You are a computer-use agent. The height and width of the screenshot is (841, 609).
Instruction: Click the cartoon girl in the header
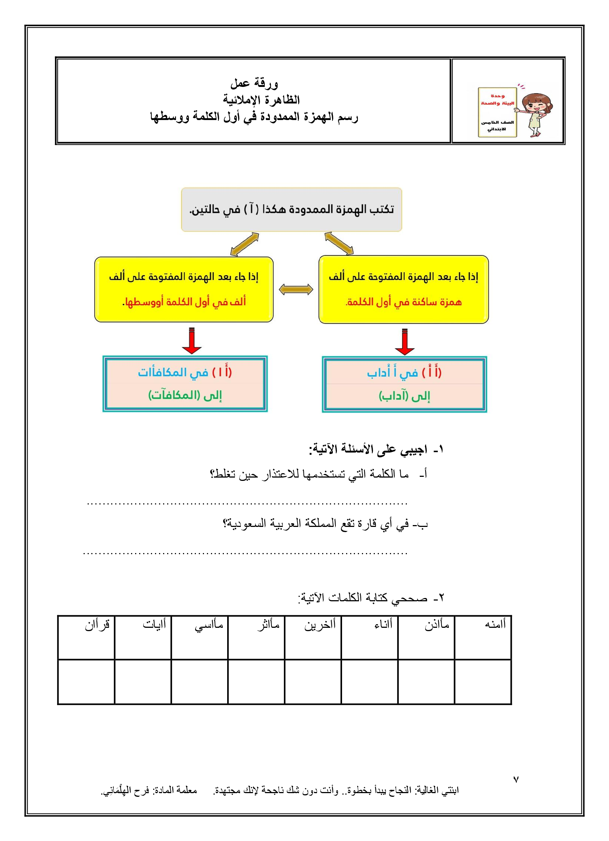point(537,113)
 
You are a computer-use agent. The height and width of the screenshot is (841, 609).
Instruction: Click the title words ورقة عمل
point(254,83)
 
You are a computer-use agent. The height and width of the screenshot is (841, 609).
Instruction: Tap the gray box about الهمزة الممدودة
point(291,210)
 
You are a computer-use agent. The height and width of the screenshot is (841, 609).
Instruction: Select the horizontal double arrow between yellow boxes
point(296,290)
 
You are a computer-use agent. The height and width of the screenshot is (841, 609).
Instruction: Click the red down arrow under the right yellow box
point(405,342)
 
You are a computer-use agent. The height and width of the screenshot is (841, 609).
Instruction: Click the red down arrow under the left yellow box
point(192,341)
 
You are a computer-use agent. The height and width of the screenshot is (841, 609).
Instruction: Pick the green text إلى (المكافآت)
point(185,395)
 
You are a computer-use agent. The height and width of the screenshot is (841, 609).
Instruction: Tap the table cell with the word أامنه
point(483,637)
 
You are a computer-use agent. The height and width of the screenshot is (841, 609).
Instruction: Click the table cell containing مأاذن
point(426,637)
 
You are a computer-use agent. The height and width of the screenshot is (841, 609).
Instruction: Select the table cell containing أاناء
point(369,637)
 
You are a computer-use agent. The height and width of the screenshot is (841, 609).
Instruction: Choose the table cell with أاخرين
point(313,637)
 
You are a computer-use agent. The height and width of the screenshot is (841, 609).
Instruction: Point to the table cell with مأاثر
point(256,637)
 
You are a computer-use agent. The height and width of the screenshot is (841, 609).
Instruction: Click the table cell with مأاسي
point(200,637)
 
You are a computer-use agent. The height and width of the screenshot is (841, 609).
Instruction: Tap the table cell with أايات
point(143,637)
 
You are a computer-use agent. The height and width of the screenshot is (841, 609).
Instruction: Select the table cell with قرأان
point(87,637)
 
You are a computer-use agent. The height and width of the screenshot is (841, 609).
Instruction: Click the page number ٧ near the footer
point(516,779)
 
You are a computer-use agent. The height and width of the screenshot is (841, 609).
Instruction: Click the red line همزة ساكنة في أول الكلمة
point(404,302)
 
